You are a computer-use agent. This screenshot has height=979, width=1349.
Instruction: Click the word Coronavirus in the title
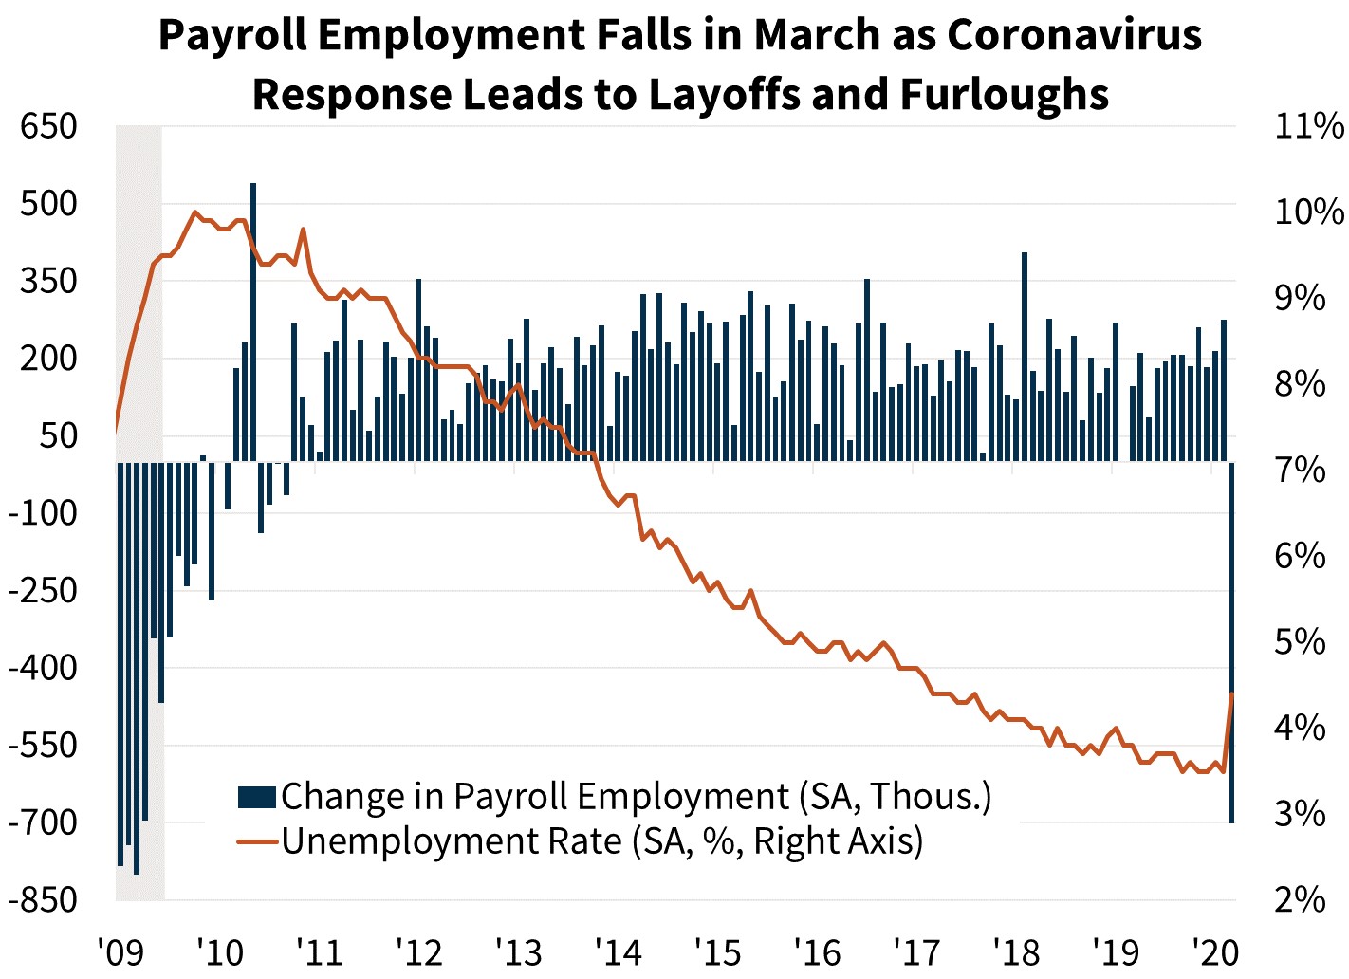(1074, 35)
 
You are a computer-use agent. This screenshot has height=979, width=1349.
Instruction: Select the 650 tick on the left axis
(48, 125)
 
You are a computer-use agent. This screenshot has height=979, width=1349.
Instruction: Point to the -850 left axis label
(43, 899)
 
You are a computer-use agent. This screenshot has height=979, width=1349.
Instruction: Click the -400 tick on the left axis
(43, 667)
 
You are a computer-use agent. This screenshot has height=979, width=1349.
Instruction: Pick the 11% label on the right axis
(1308, 125)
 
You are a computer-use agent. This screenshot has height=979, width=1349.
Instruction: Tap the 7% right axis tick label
(1300, 470)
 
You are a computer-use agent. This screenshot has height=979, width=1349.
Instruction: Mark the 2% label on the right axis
(1300, 899)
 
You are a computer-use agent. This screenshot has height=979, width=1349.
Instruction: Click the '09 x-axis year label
(120, 951)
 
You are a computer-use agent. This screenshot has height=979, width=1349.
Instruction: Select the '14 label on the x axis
(618, 951)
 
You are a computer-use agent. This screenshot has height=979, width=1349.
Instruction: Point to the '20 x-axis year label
(1214, 951)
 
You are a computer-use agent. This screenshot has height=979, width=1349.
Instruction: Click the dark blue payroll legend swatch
(256, 797)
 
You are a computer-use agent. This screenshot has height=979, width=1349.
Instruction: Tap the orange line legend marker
(256, 841)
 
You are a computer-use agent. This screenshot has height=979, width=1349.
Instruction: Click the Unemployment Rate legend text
(601, 841)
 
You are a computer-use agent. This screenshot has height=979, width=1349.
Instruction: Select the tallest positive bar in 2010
(253, 323)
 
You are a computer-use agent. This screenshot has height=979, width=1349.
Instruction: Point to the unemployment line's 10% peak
(195, 212)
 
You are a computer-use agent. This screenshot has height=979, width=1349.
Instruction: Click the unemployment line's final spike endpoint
(1231, 693)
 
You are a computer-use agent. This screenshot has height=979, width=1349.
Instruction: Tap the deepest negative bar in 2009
(137, 668)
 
